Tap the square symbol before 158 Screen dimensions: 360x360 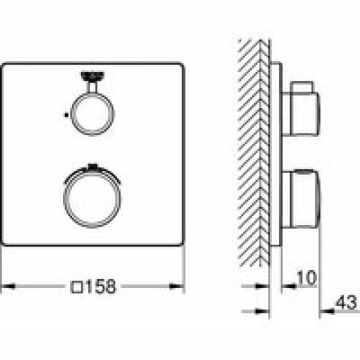[76, 287]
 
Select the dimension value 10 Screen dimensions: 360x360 [306, 277]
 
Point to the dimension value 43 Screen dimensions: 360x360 [346, 302]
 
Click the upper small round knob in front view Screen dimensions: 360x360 [73, 114]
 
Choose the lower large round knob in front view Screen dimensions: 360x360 [64, 199]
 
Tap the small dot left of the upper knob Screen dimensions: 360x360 [66, 114]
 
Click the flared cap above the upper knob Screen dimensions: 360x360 [93, 76]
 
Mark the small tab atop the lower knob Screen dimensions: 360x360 [93, 166]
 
